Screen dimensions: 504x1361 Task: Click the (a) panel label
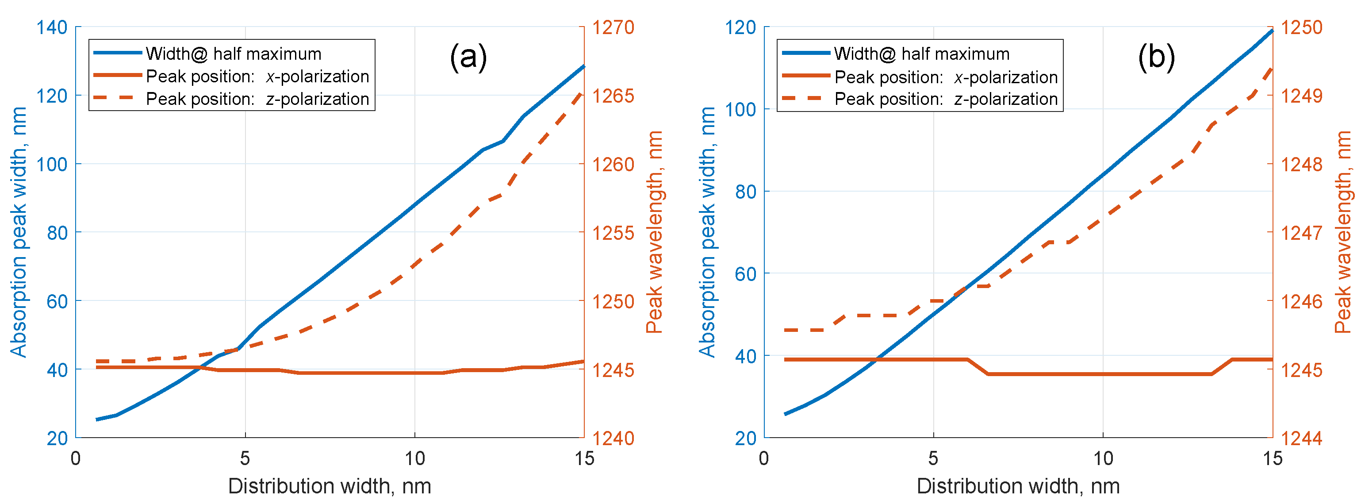coord(468,57)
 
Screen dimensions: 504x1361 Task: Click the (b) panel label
coord(1156,57)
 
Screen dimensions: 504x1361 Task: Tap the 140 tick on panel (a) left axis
coord(51,27)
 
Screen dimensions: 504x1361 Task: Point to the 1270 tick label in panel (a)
coord(613,27)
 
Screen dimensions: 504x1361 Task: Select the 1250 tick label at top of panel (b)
coord(1301,27)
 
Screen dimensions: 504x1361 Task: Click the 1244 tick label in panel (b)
coord(1301,438)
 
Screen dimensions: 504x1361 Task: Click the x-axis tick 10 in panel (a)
coord(415,458)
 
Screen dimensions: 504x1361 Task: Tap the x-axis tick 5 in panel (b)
coord(934,458)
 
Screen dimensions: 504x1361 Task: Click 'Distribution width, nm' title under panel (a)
coord(330,486)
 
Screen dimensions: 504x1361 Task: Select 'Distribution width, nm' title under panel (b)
coord(1018,486)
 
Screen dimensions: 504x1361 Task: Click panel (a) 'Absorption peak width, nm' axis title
coord(19,232)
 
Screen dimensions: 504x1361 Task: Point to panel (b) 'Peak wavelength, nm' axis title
coord(1342,232)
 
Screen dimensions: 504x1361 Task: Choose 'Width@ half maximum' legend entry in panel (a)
coord(234,54)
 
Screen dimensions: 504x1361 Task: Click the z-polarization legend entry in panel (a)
coord(257,99)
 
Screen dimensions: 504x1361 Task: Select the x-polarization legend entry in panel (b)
coord(946,77)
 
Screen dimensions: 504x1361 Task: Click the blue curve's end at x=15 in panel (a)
coord(584,66)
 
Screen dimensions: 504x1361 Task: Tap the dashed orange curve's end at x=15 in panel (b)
coord(1271,69)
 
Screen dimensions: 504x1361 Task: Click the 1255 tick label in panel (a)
coord(613,232)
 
